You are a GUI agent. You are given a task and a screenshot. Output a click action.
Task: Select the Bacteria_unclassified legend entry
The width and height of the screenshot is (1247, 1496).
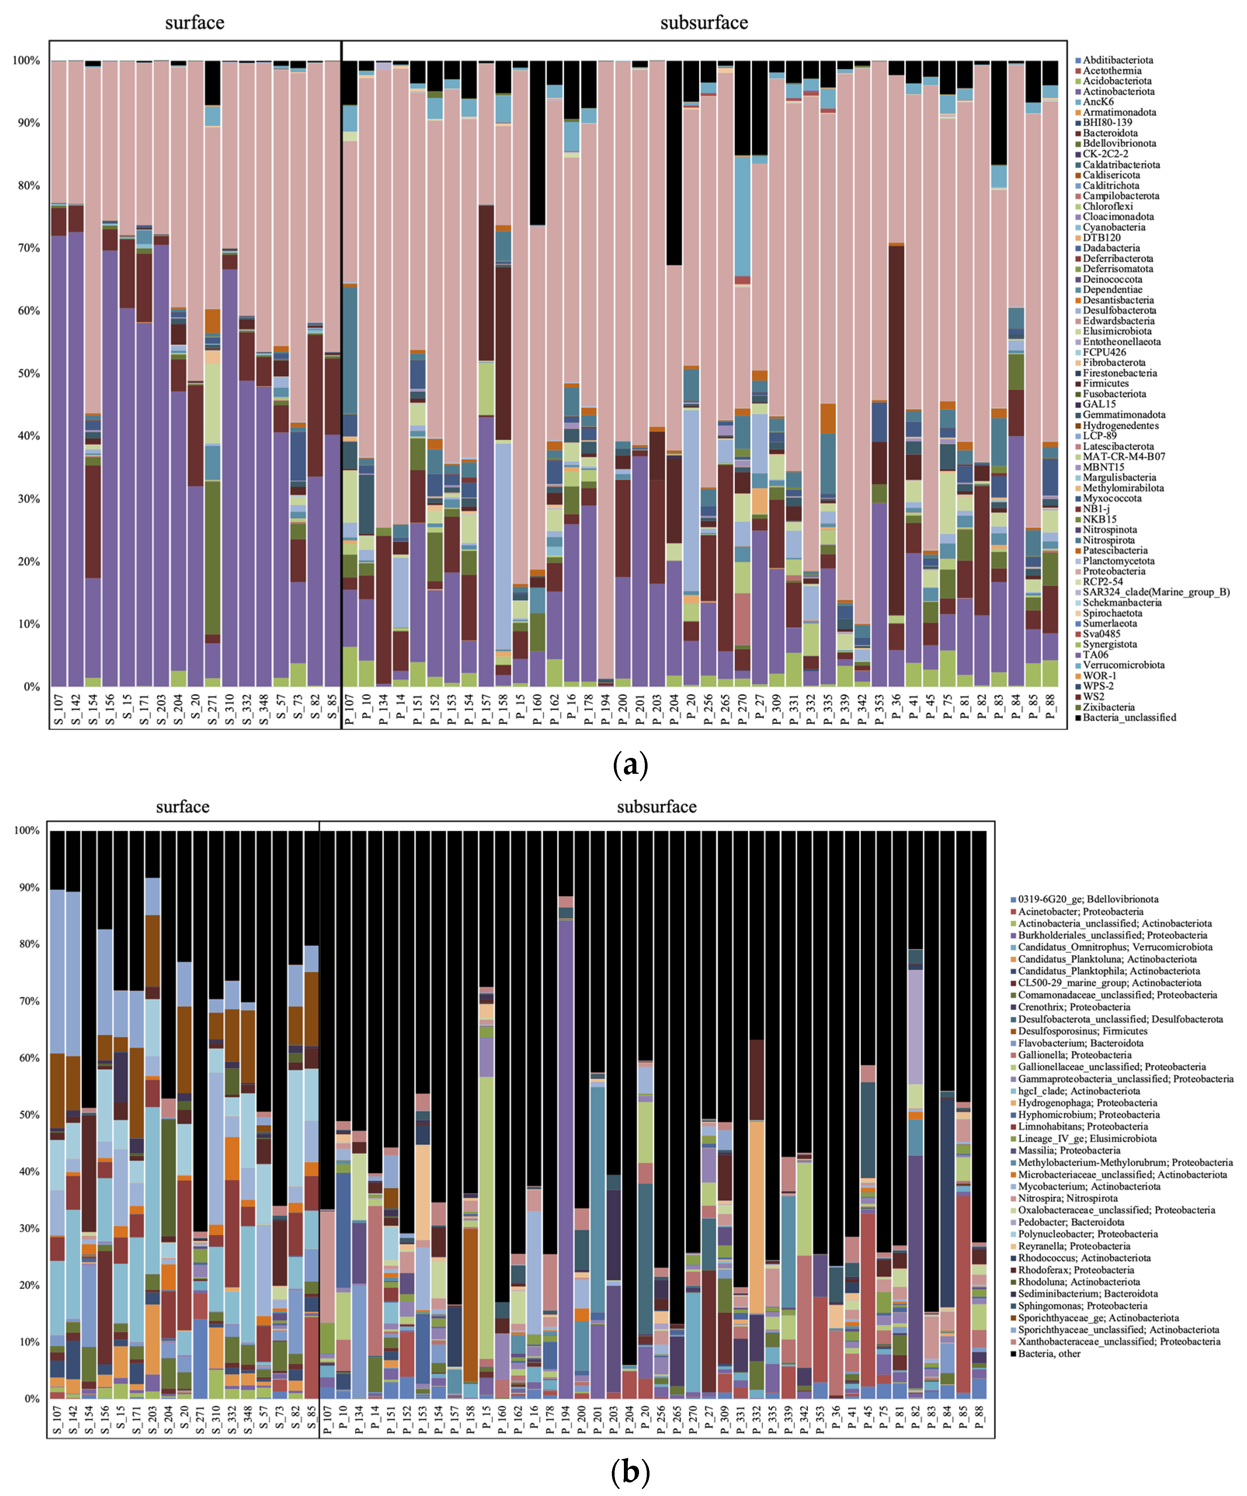(x=1128, y=718)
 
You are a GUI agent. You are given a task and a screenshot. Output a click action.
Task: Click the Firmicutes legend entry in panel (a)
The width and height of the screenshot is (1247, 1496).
(x=1105, y=383)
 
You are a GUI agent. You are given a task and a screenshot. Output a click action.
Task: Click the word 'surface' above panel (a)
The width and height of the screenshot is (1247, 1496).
(x=195, y=23)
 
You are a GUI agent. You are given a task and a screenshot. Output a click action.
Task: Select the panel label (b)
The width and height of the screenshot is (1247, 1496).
(x=630, y=1471)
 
